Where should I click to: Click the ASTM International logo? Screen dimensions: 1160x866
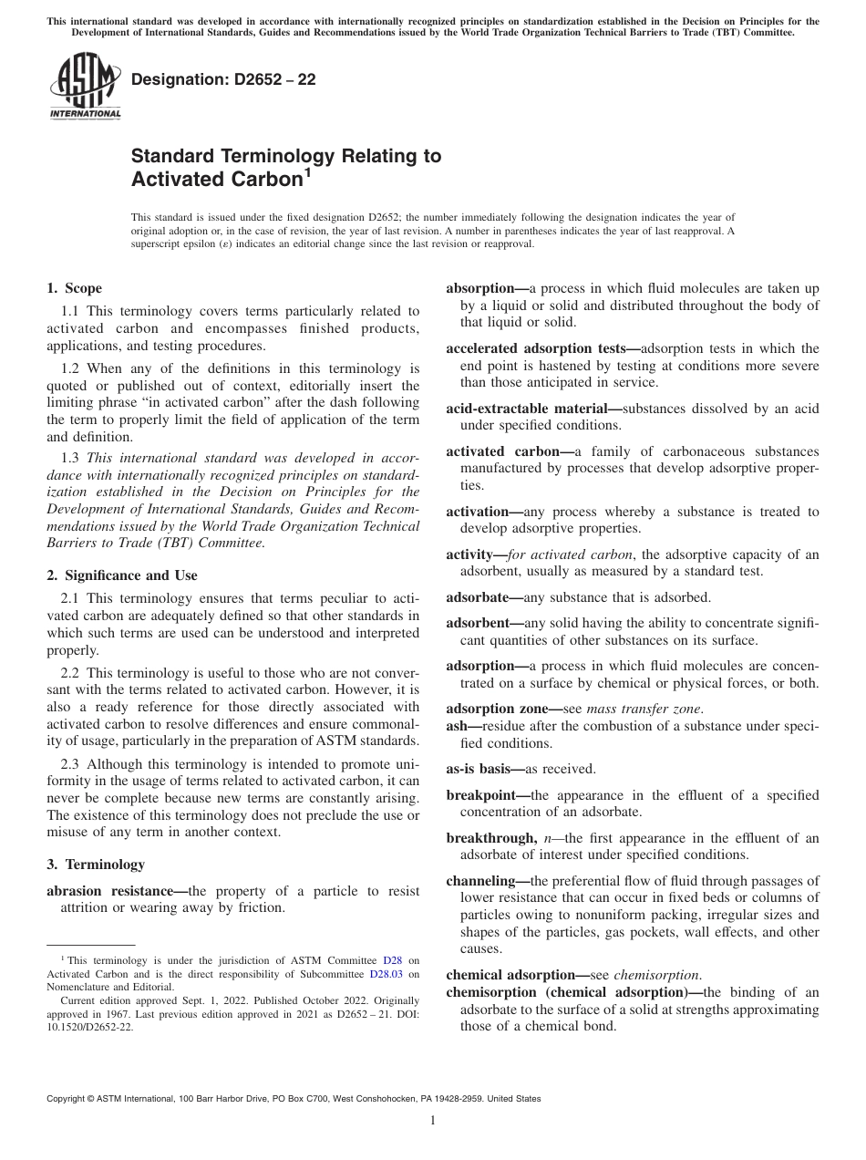tap(84, 87)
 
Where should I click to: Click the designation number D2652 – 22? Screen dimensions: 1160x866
tap(223, 79)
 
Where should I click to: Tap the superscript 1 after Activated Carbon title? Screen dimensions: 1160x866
tap(307, 172)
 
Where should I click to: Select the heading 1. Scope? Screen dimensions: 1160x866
tap(74, 288)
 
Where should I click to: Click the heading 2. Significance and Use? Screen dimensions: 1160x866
tap(122, 575)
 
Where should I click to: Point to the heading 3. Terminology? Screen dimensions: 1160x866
tap(96, 864)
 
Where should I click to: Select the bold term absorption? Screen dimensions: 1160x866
tap(480, 288)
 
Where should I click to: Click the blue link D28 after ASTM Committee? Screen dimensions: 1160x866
tap(392, 960)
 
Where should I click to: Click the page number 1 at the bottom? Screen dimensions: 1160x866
tap(433, 1121)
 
